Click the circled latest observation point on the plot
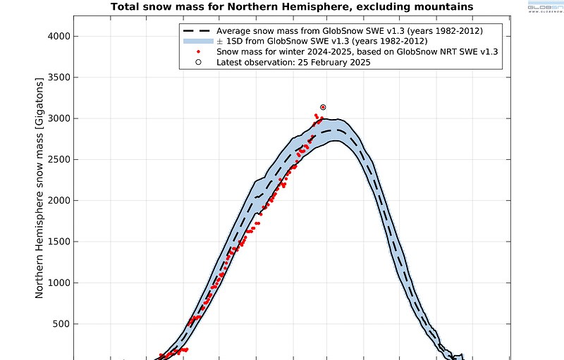coord(323,107)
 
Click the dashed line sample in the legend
coord(197,31)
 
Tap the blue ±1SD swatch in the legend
coord(197,42)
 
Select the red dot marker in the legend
coord(198,52)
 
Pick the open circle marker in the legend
coord(198,62)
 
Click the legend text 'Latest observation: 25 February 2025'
coord(293,62)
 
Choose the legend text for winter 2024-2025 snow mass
coord(357,52)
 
